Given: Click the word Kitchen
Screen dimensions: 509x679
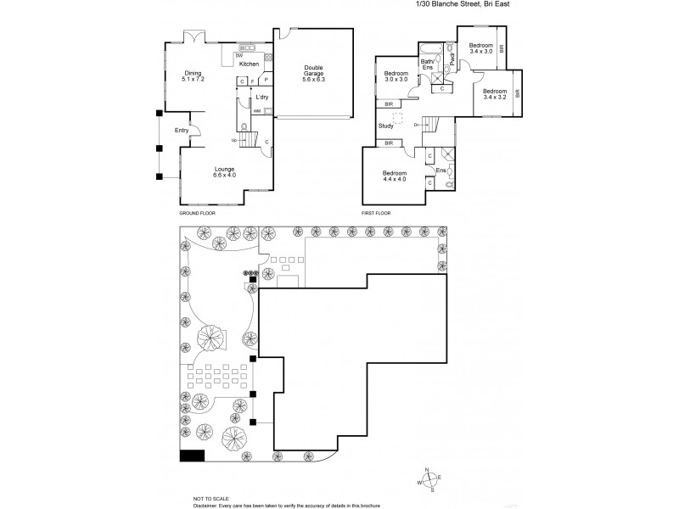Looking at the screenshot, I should pyautogui.click(x=249, y=64).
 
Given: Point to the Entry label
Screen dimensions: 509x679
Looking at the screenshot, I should pyautogui.click(x=182, y=130).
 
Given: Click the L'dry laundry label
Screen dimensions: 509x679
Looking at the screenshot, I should pyautogui.click(x=262, y=98).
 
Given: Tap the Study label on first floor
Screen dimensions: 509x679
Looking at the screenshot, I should pyautogui.click(x=386, y=126).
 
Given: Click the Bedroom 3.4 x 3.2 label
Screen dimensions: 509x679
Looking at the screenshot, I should pyautogui.click(x=496, y=93).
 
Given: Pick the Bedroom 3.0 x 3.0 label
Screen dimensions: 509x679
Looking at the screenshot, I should pyautogui.click(x=396, y=77).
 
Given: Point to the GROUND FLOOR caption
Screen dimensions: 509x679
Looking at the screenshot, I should pyautogui.click(x=197, y=214).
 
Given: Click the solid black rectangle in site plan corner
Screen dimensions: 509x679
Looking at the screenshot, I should pyautogui.click(x=193, y=456).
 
